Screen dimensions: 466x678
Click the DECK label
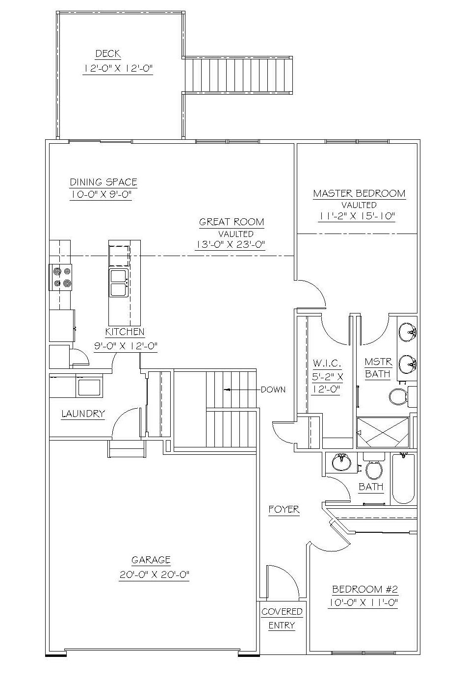108,54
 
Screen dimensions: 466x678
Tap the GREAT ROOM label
232,222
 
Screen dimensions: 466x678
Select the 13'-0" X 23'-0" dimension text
230,245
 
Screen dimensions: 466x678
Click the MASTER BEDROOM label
359,193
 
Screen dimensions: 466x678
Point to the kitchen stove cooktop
61,277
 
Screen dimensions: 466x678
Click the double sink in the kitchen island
118,283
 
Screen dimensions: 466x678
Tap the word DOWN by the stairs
273,389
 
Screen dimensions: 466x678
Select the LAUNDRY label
83,414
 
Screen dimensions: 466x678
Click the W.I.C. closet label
327,363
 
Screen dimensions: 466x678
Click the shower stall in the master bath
383,432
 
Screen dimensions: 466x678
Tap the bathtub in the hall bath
403,479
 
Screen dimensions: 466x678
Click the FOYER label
284,509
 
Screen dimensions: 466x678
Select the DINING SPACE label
104,182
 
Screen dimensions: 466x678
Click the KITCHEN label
125,332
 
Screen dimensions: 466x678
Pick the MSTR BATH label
378,368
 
